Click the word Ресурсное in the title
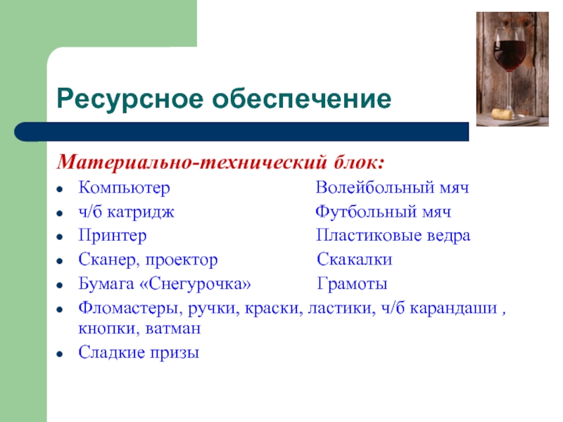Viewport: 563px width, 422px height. click(129, 99)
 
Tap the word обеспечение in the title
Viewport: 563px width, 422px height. click(302, 98)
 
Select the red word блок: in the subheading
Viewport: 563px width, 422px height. click(359, 162)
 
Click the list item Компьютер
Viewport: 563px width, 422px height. click(125, 188)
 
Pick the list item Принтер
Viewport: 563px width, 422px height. click(113, 236)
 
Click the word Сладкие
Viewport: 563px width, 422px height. click(111, 352)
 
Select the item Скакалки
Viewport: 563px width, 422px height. click(355, 260)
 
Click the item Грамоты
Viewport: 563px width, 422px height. click(353, 284)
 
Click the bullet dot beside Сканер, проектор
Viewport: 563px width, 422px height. click(60, 261)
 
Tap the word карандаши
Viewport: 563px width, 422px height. click(453, 309)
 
